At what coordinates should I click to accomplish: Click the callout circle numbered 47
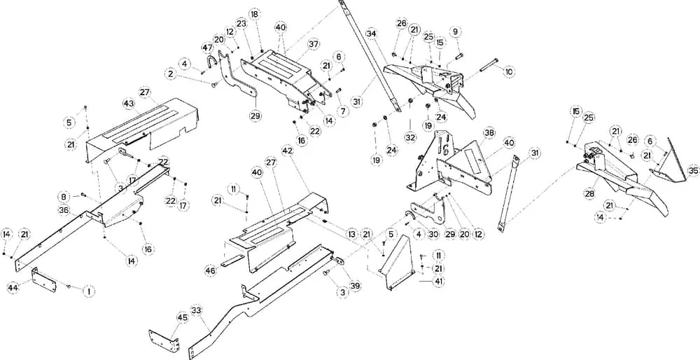point(208,48)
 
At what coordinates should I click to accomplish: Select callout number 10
point(509,71)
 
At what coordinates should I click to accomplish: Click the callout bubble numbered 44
point(13,288)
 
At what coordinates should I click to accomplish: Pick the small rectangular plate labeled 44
point(44,279)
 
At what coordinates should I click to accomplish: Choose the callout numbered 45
point(182,317)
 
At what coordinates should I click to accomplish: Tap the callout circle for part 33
point(196,310)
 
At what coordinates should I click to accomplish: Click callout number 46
point(211,270)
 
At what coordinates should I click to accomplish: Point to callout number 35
point(693,171)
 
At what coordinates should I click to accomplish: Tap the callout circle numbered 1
point(89,291)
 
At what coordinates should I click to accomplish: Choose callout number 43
point(129,103)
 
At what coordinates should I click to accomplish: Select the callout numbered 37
point(314,45)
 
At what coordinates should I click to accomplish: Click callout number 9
point(456,32)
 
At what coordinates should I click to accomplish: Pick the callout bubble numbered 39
point(356,286)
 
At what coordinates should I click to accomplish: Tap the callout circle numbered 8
point(64,197)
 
